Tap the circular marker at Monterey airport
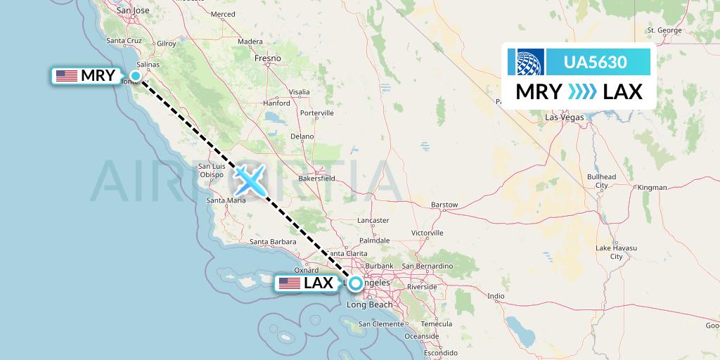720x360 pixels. click(136, 76)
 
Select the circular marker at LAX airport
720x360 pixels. click(356, 283)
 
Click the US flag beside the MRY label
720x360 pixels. click(66, 76)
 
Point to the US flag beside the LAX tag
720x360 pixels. click(289, 283)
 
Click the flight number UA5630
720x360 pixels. click(595, 62)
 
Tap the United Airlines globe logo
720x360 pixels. click(529, 62)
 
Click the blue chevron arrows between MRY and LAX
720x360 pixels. click(582, 91)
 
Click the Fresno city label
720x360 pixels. click(268, 58)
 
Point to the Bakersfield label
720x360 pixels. click(316, 179)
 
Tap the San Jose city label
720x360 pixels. click(133, 11)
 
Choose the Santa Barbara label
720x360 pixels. click(273, 243)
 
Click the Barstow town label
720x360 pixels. click(444, 205)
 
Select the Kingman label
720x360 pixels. click(650, 188)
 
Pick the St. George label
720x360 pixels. click(664, 30)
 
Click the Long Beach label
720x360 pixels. click(370, 304)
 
